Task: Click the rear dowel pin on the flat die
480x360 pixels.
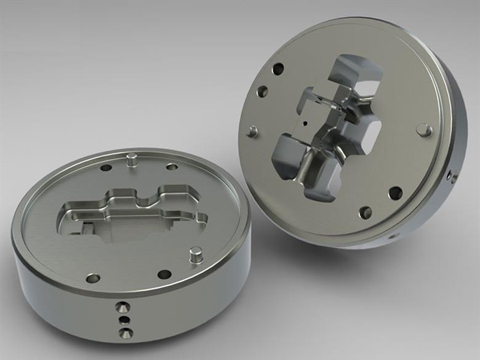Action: pyautogui.click(x=132, y=158)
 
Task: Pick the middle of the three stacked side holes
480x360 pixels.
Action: pyautogui.click(x=124, y=320)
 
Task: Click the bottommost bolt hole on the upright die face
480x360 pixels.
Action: pyautogui.click(x=366, y=212)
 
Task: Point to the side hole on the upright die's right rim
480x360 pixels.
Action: pyautogui.click(x=450, y=176)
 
